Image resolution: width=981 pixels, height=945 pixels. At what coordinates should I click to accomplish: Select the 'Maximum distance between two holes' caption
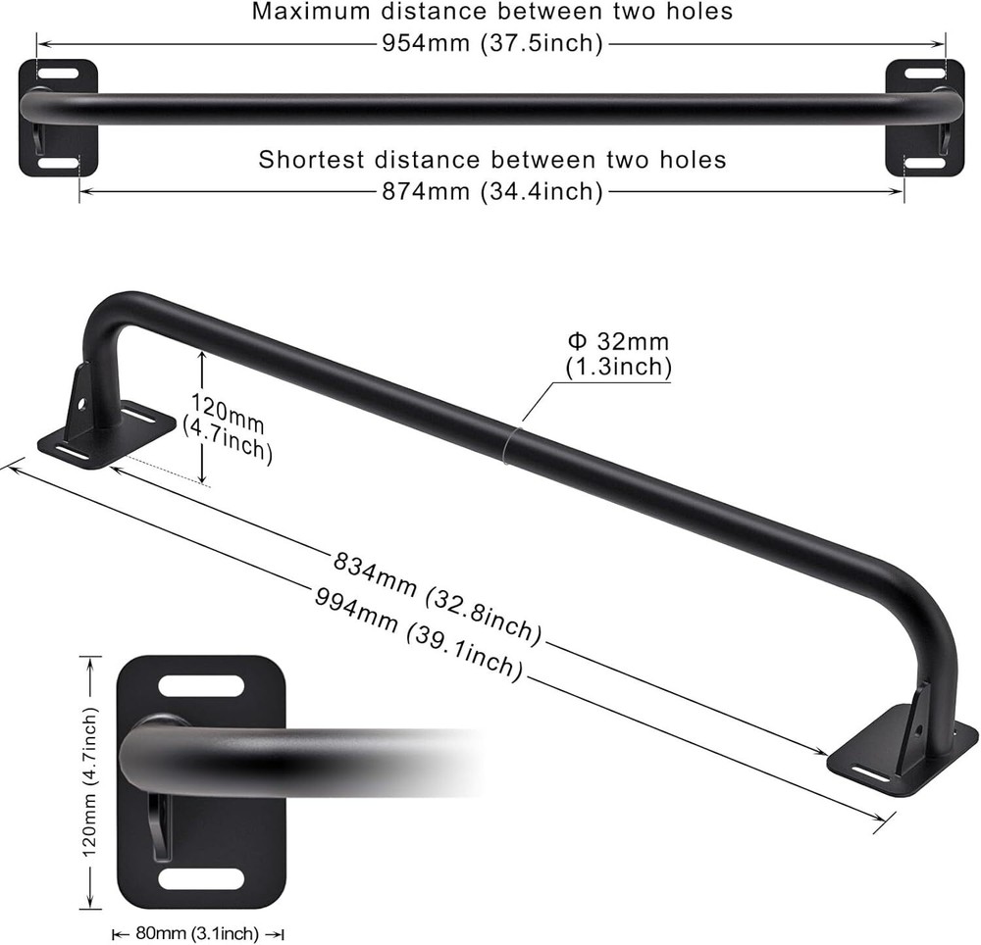[x=492, y=13]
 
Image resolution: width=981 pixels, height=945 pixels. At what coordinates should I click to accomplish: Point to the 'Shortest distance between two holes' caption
[x=492, y=159]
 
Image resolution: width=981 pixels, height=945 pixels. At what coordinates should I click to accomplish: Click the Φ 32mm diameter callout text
[x=618, y=354]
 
